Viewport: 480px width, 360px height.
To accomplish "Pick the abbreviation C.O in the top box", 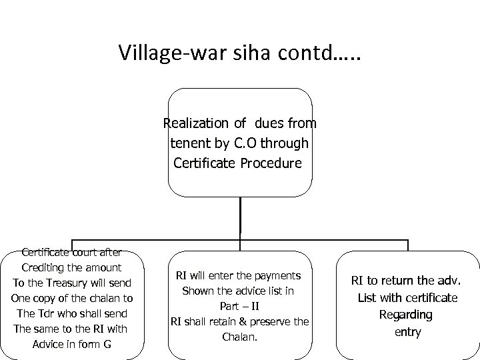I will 251,143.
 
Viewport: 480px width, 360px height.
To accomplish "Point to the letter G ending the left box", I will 108,344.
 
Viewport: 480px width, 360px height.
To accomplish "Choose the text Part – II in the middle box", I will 239,306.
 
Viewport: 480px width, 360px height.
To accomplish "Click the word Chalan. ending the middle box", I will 239,337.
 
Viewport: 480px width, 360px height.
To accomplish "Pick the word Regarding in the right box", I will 406,314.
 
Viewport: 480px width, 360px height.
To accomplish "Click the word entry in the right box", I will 407,331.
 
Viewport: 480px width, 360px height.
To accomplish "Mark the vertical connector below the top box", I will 240,217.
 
